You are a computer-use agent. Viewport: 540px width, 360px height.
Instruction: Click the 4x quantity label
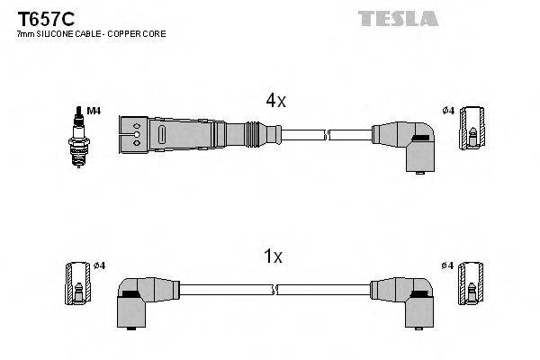tap(275, 102)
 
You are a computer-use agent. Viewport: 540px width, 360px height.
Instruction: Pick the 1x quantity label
tap(273, 256)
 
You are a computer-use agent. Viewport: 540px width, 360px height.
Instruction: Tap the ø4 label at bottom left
tap(99, 265)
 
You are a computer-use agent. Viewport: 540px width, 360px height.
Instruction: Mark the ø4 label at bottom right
tap(447, 265)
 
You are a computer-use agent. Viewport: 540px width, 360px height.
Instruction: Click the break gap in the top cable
tap(326, 136)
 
